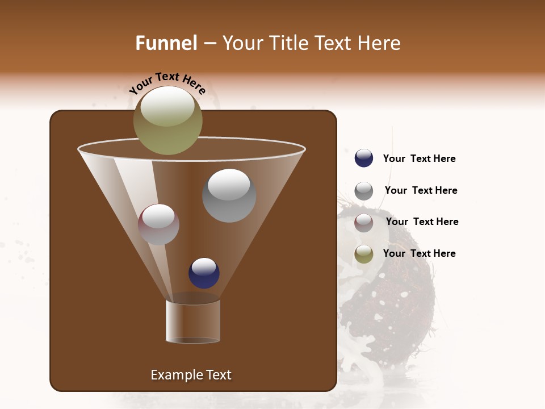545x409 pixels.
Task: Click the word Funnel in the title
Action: [x=166, y=43]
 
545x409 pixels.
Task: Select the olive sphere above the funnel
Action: [x=167, y=120]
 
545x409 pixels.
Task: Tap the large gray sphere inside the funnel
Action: [x=229, y=195]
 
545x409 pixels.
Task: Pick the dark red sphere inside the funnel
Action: [x=158, y=224]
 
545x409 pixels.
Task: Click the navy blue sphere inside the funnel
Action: [x=204, y=273]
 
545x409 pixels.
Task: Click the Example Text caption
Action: [x=191, y=375]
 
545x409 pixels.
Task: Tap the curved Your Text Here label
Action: [x=167, y=83]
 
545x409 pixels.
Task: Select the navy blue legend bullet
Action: [x=364, y=158]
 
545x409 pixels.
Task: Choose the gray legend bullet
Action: [x=364, y=191]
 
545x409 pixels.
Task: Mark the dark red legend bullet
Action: [x=364, y=223]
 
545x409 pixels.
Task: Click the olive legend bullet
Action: [x=364, y=254]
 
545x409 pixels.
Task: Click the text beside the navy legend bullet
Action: [x=419, y=158]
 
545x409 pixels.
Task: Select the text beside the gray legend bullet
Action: [x=421, y=190]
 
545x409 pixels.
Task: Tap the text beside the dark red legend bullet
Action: [x=422, y=222]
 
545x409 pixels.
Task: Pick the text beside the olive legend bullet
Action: [x=419, y=253]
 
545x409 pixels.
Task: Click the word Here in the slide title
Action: [x=379, y=43]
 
